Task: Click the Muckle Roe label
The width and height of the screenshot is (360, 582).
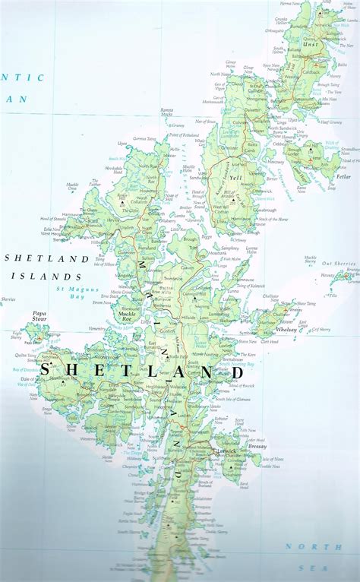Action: click(x=127, y=312)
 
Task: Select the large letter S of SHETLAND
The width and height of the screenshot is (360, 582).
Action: click(x=47, y=371)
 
